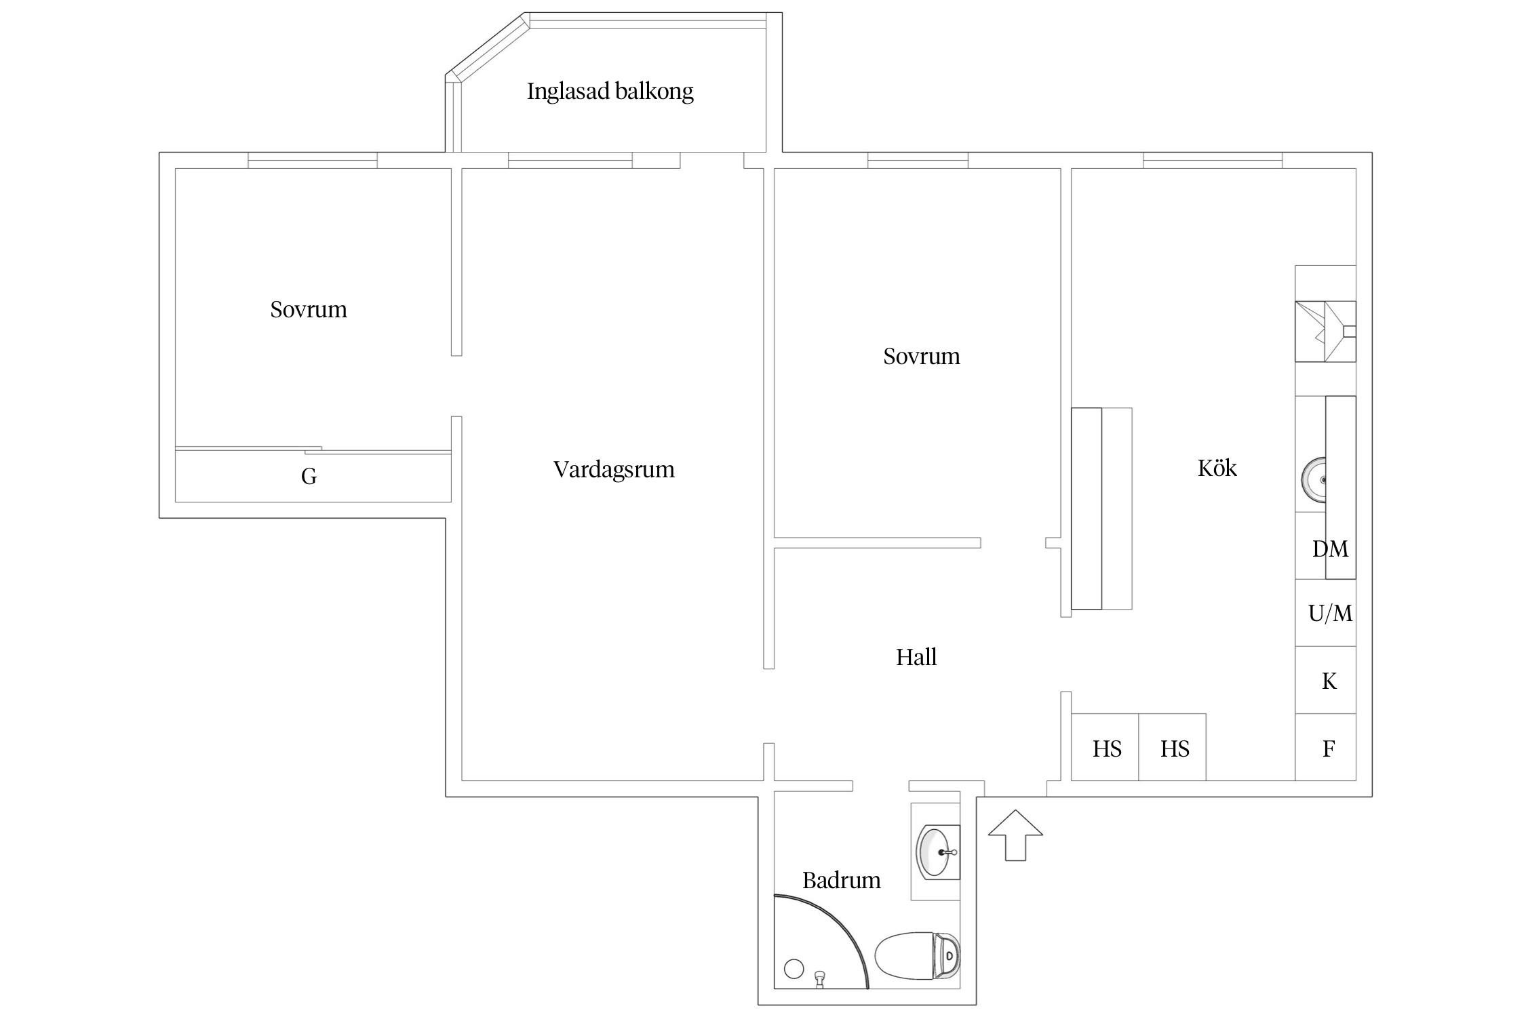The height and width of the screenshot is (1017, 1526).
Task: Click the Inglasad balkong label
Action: (x=610, y=92)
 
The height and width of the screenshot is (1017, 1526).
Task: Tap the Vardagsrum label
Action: (x=614, y=469)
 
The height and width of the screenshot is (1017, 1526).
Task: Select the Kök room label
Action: (x=1217, y=468)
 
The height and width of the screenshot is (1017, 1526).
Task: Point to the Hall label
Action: (x=916, y=657)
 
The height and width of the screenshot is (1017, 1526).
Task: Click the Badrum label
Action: (x=841, y=880)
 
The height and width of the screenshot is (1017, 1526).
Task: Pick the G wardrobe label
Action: (x=309, y=477)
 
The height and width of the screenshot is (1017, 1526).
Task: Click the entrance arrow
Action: (x=1015, y=835)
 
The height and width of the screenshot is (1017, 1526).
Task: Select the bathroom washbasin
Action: (x=937, y=852)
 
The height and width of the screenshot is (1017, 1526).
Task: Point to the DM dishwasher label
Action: (x=1330, y=549)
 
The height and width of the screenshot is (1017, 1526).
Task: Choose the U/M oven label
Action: (x=1330, y=614)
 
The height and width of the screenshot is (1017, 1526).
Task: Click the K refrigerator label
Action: (x=1329, y=681)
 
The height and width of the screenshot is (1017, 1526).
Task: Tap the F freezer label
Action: (x=1329, y=749)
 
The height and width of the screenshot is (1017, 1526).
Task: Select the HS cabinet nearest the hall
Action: (x=1107, y=749)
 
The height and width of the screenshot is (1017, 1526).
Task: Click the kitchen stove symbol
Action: (x=1325, y=332)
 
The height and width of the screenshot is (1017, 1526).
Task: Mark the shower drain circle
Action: (x=794, y=969)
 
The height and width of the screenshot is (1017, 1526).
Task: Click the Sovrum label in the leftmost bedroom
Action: (x=309, y=310)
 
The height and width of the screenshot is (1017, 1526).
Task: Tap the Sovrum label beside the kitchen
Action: (x=921, y=357)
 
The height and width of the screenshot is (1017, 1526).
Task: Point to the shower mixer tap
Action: (x=820, y=977)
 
